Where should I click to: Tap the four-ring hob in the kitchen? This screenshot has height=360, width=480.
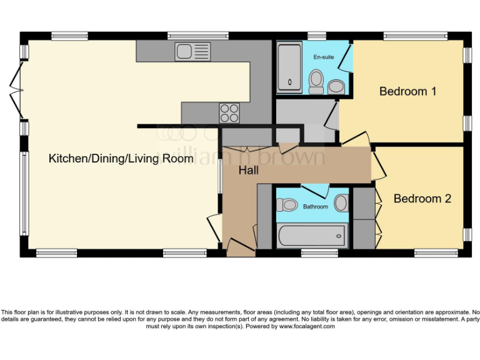click(229, 112)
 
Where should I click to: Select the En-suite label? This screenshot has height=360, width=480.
click(323, 57)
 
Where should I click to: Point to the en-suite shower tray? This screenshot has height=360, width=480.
click(289, 67)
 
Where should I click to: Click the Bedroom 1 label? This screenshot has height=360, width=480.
click(407, 91)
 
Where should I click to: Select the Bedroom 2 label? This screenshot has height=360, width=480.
click(422, 199)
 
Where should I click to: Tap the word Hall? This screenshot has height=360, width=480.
click(248, 170)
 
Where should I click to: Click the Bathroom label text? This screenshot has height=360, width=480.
click(316, 206)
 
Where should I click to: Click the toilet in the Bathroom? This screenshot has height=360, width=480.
click(288, 204)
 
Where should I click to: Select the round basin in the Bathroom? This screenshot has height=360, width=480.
click(341, 203)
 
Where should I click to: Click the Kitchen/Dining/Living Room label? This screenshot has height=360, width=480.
click(121, 159)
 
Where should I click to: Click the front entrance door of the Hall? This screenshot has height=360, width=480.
click(241, 247)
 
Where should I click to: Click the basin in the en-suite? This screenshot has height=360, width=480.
click(336, 86)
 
